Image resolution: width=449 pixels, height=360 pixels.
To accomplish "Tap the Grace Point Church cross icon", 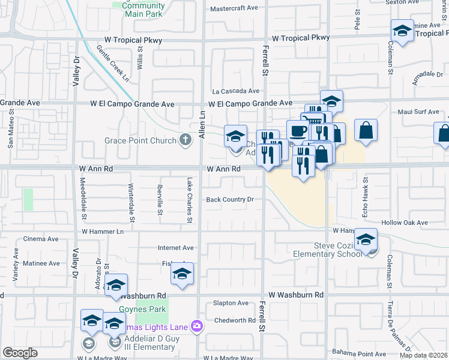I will (186, 140).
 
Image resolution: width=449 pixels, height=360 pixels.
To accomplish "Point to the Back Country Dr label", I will (231, 199).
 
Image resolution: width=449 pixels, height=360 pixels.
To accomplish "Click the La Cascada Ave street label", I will (235, 91).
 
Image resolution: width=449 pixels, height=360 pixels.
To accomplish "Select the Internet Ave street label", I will (175, 247).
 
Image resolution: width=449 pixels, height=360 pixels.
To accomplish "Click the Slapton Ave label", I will (231, 304).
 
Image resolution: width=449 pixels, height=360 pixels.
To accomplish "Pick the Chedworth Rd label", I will (235, 320).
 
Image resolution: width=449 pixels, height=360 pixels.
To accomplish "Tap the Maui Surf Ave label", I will (418, 112).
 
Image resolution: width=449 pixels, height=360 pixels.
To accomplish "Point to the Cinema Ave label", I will (40, 239).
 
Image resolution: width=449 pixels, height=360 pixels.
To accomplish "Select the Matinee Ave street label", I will (41, 263).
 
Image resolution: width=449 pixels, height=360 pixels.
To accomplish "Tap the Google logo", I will (20, 353).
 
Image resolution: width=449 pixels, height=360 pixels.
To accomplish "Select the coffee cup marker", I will (298, 131).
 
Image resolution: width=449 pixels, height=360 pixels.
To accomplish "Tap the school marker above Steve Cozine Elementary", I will (366, 239).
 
